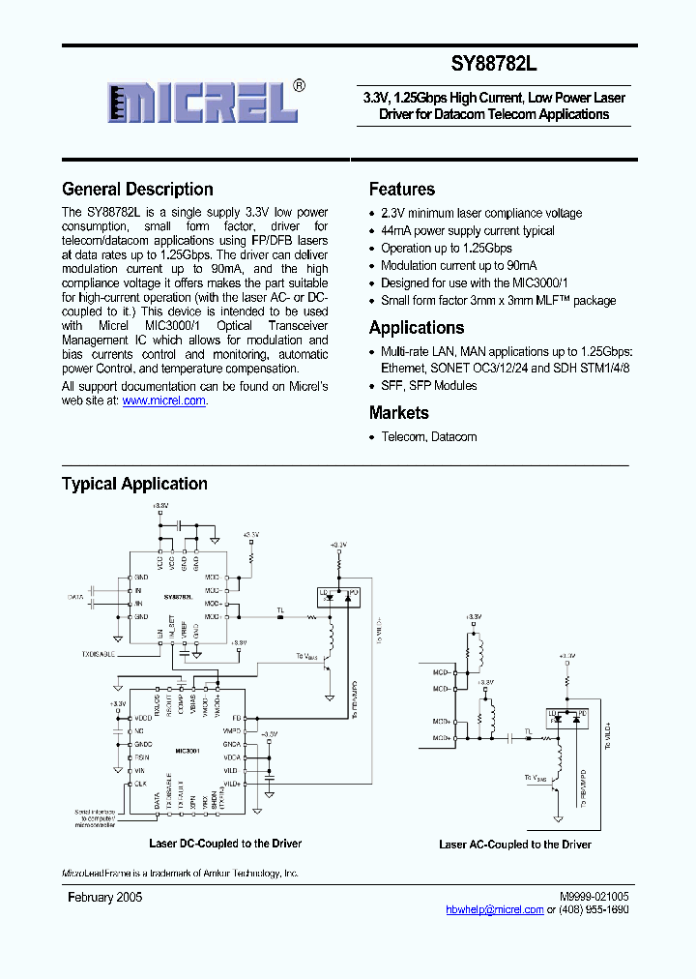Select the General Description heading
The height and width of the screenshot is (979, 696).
coord(137,190)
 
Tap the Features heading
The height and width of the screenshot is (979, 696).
coord(402,190)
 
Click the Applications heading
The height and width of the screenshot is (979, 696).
coord(417,328)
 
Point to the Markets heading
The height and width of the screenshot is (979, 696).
coord(398,413)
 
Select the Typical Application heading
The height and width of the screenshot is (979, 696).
coord(134,484)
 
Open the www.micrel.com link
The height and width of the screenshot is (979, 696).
coord(163,400)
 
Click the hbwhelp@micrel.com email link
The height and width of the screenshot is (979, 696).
coord(495,910)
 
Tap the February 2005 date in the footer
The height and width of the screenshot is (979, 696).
coord(104,898)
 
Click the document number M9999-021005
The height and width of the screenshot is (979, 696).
coord(592,898)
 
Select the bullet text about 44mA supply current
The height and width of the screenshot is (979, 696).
coord(468,231)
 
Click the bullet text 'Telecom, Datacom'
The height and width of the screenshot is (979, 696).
coord(428,437)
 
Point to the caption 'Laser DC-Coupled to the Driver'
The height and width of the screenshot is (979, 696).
coord(225,844)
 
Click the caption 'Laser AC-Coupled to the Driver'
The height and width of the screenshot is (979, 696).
coord(515,845)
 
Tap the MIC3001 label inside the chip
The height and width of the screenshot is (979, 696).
coord(188,750)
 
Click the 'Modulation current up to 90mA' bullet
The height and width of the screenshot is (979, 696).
coord(459,266)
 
